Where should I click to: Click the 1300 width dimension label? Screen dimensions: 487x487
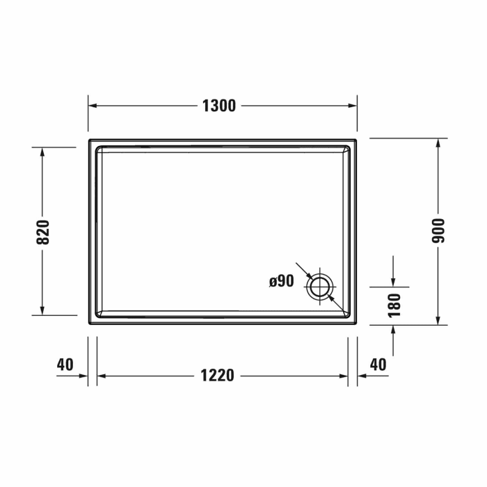[218, 106]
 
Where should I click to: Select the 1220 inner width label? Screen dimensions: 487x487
[217, 376]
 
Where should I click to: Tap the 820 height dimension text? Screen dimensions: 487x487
[43, 232]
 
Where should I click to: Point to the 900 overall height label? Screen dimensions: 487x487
[438, 230]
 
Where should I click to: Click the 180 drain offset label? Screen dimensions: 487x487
[394, 305]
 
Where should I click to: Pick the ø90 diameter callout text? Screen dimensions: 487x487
[282, 281]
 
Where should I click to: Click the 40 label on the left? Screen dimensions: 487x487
[65, 364]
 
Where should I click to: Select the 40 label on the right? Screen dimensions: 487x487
[378, 364]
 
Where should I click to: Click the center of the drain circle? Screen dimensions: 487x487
[320, 286]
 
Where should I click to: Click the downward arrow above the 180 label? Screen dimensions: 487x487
[394, 281]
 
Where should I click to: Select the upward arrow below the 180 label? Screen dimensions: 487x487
[394, 330]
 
